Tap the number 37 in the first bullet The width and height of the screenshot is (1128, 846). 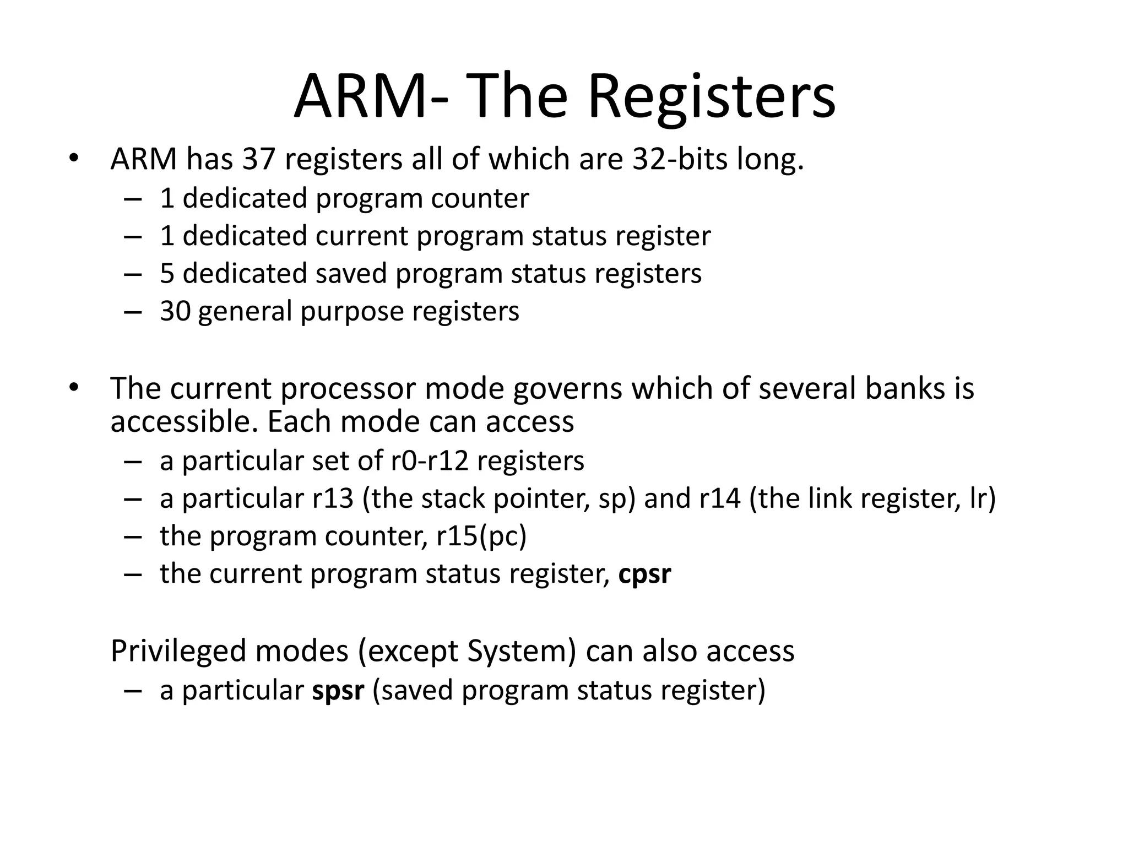(x=258, y=159)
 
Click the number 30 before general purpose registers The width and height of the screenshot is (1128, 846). (x=175, y=311)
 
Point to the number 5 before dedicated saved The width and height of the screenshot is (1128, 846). (x=167, y=274)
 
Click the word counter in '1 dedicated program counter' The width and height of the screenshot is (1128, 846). (x=480, y=198)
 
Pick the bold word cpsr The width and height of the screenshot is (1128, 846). (x=644, y=574)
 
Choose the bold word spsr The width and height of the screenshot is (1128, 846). (x=338, y=691)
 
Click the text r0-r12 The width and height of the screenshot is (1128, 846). (x=430, y=461)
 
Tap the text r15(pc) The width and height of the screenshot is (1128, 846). (x=481, y=536)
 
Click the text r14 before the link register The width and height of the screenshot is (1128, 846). (x=720, y=499)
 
